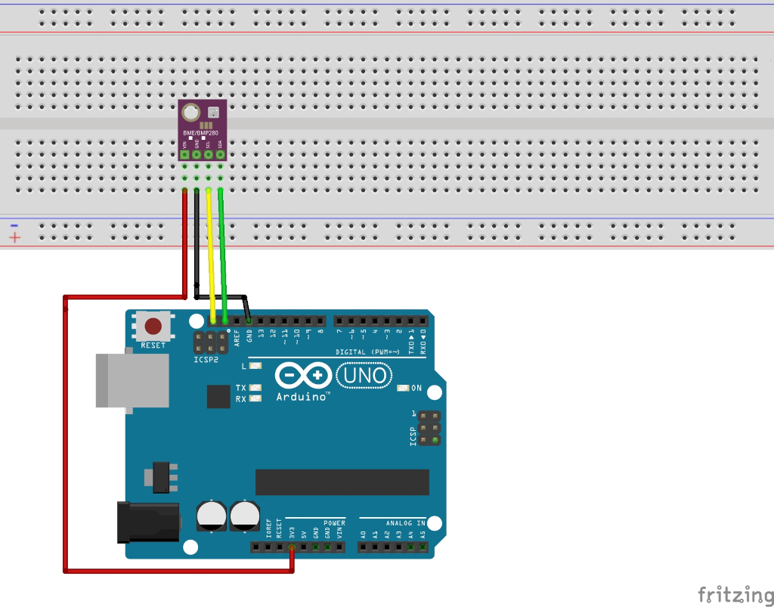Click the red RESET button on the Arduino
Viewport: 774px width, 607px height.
(x=153, y=327)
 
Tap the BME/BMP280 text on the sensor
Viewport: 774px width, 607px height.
(x=200, y=133)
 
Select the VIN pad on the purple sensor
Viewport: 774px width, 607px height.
(x=184, y=155)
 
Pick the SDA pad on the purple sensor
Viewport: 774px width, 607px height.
(x=221, y=155)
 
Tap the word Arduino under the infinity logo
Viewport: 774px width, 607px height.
(x=302, y=396)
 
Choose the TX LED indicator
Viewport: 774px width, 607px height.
(x=255, y=387)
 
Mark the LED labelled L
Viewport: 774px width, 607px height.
(x=255, y=366)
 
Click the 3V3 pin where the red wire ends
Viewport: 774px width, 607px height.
(x=292, y=547)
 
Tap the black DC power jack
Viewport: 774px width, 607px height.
(x=147, y=522)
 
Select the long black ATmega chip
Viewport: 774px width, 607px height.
(x=342, y=482)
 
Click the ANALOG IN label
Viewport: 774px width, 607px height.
(x=404, y=522)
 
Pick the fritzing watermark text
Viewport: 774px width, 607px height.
(x=729, y=593)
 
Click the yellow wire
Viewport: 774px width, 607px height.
(x=211, y=249)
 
